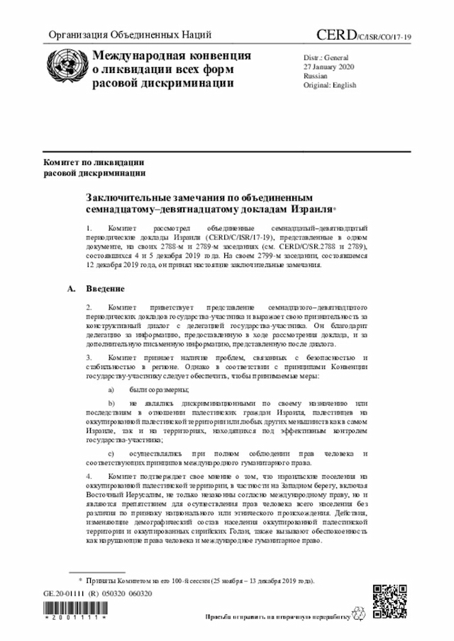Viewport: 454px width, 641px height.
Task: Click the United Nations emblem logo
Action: click(x=65, y=69)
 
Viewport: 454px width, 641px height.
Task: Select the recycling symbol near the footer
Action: click(x=359, y=613)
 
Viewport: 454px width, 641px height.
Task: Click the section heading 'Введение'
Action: click(x=106, y=290)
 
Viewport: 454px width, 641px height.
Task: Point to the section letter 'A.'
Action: click(x=71, y=290)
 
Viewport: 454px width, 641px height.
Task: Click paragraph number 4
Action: click(x=89, y=477)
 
